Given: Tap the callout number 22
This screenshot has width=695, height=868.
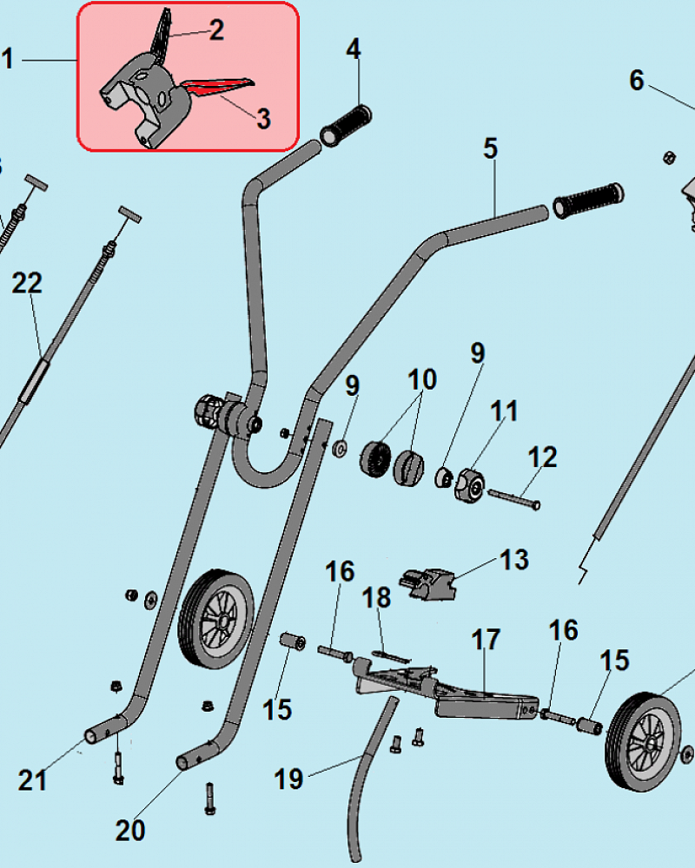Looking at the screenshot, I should tap(27, 283).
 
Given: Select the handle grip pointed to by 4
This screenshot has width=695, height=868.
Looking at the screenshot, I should tap(346, 125).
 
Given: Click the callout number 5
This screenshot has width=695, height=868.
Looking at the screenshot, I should tap(491, 148).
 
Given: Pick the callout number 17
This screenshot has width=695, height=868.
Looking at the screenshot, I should tap(486, 641).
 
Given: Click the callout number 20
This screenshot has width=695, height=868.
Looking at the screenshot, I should tap(130, 831).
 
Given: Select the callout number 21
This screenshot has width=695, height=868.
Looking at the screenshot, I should tap(32, 780).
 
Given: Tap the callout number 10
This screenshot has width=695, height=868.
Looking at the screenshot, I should tap(422, 379).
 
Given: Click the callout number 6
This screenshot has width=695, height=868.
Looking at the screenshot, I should tap(637, 81).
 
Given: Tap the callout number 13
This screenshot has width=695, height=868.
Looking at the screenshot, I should tap(514, 560).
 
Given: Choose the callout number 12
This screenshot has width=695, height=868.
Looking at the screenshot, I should tap(543, 457).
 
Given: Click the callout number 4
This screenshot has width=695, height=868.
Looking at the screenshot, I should tap(353, 49).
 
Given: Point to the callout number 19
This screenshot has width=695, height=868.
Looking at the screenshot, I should tap(289, 779).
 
